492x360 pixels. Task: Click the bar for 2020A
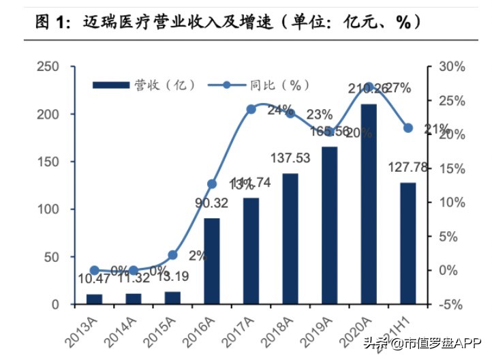pyautogui.click(x=368, y=204)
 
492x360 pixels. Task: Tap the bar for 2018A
pyautogui.click(x=290, y=239)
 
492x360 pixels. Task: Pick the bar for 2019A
pyautogui.click(x=329, y=225)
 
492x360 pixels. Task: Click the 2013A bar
pyautogui.click(x=95, y=299)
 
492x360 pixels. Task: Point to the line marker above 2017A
pyautogui.click(x=251, y=108)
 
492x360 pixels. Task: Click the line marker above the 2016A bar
pyautogui.click(x=212, y=184)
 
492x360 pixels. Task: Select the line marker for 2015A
pyautogui.click(x=173, y=255)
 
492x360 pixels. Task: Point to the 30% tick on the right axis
pyautogui.click(x=452, y=67)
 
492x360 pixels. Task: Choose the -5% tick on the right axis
pyautogui.click(x=452, y=304)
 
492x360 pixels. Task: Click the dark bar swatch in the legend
pyautogui.click(x=110, y=85)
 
